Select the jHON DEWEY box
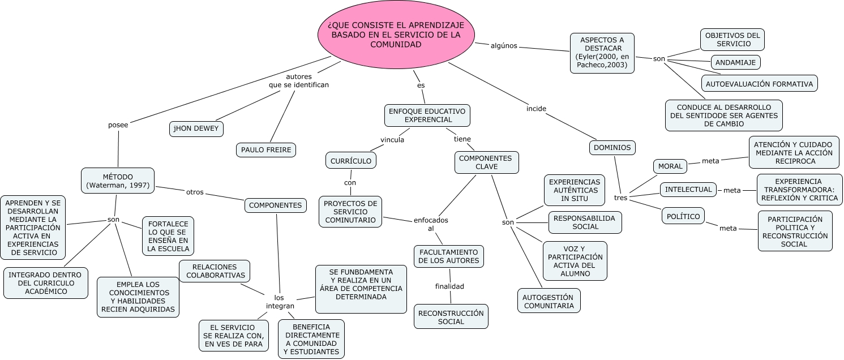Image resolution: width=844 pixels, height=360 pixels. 196,128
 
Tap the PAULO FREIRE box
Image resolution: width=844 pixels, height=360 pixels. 266,150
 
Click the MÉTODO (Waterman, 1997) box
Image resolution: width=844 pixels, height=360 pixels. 118,181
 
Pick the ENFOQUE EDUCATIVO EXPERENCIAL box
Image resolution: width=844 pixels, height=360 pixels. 427,115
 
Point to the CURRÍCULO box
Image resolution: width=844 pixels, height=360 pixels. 351,161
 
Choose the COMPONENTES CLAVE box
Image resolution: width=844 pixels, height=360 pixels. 486,162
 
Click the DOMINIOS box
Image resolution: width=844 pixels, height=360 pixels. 612,148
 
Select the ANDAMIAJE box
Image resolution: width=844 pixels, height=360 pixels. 735,62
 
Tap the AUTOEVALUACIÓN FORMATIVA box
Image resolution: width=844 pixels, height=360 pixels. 759,84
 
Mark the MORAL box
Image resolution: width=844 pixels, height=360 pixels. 670,166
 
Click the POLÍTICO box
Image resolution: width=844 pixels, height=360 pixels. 683,216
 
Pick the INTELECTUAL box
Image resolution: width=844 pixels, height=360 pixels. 688,189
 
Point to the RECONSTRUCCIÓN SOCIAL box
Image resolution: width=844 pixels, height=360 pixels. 451,316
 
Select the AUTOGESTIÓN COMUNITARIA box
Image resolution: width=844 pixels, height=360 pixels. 548,301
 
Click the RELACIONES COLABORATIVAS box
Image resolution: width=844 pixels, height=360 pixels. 215,271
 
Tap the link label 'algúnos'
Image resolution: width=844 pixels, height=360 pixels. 504,46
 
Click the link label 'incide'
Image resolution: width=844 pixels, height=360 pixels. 536,108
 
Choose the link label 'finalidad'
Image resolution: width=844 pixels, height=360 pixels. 449,286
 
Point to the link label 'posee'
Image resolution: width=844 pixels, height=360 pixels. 118,125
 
